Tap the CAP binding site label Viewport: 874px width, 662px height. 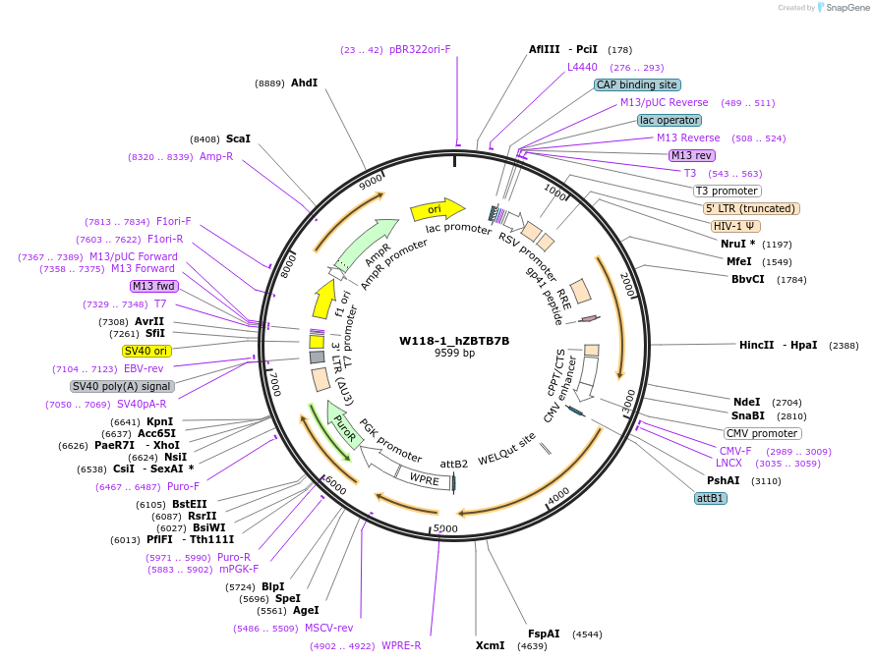636,84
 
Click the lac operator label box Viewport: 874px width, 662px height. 669,120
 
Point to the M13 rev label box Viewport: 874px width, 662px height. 692,155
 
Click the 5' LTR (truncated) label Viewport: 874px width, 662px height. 751,208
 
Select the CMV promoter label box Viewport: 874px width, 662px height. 762,433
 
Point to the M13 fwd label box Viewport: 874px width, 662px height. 153,286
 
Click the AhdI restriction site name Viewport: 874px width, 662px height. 304,83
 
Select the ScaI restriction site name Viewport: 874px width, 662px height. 238,139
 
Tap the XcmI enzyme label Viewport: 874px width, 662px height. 489,645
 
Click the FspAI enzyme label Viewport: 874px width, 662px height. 544,634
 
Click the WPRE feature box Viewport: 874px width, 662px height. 424,478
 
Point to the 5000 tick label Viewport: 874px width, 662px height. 446,528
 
